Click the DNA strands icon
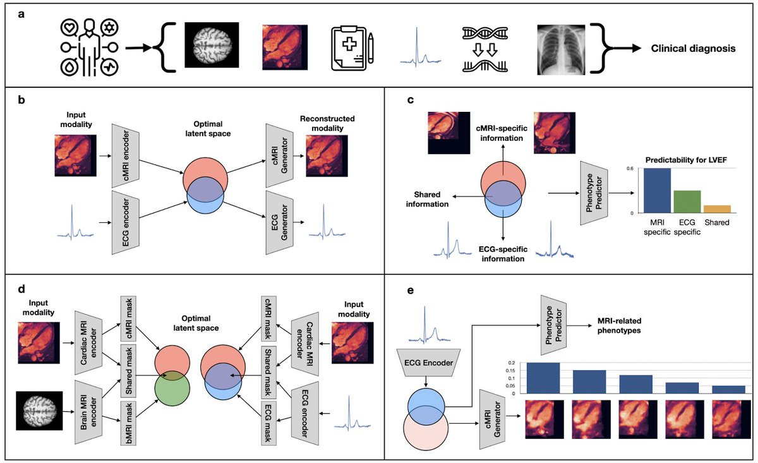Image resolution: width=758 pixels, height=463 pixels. click(487, 49)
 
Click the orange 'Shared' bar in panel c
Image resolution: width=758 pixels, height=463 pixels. click(717, 209)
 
